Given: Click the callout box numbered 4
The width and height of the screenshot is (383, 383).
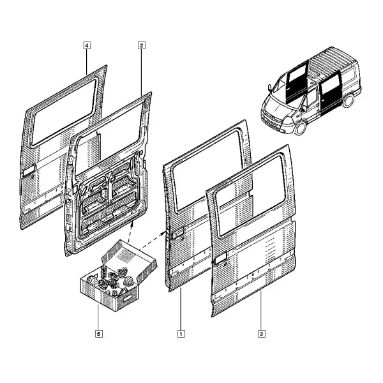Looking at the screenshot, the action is [x=87, y=45].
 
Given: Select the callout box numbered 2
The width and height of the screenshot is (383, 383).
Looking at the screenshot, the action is [x=142, y=45].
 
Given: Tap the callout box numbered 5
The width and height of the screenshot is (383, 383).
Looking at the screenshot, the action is [x=99, y=334].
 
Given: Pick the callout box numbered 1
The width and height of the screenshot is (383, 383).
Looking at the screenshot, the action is [x=181, y=334].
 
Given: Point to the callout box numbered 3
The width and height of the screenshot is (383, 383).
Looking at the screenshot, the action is [x=262, y=334].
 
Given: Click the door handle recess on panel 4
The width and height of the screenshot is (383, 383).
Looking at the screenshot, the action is [x=29, y=170].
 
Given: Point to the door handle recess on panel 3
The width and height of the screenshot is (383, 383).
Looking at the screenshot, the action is [x=220, y=258].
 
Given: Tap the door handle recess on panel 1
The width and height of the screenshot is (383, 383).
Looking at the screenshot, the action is [x=178, y=232].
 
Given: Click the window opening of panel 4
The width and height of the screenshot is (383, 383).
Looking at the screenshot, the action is [x=63, y=112].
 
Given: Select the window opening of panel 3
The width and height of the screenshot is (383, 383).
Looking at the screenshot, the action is [x=250, y=195].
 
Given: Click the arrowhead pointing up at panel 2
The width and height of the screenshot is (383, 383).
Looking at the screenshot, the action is [x=132, y=224].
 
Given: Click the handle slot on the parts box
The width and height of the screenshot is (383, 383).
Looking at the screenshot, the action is [x=128, y=298].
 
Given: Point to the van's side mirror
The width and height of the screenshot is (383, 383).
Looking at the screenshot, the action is [x=269, y=88].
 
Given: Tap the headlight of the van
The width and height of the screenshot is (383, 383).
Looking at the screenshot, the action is [x=289, y=121].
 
